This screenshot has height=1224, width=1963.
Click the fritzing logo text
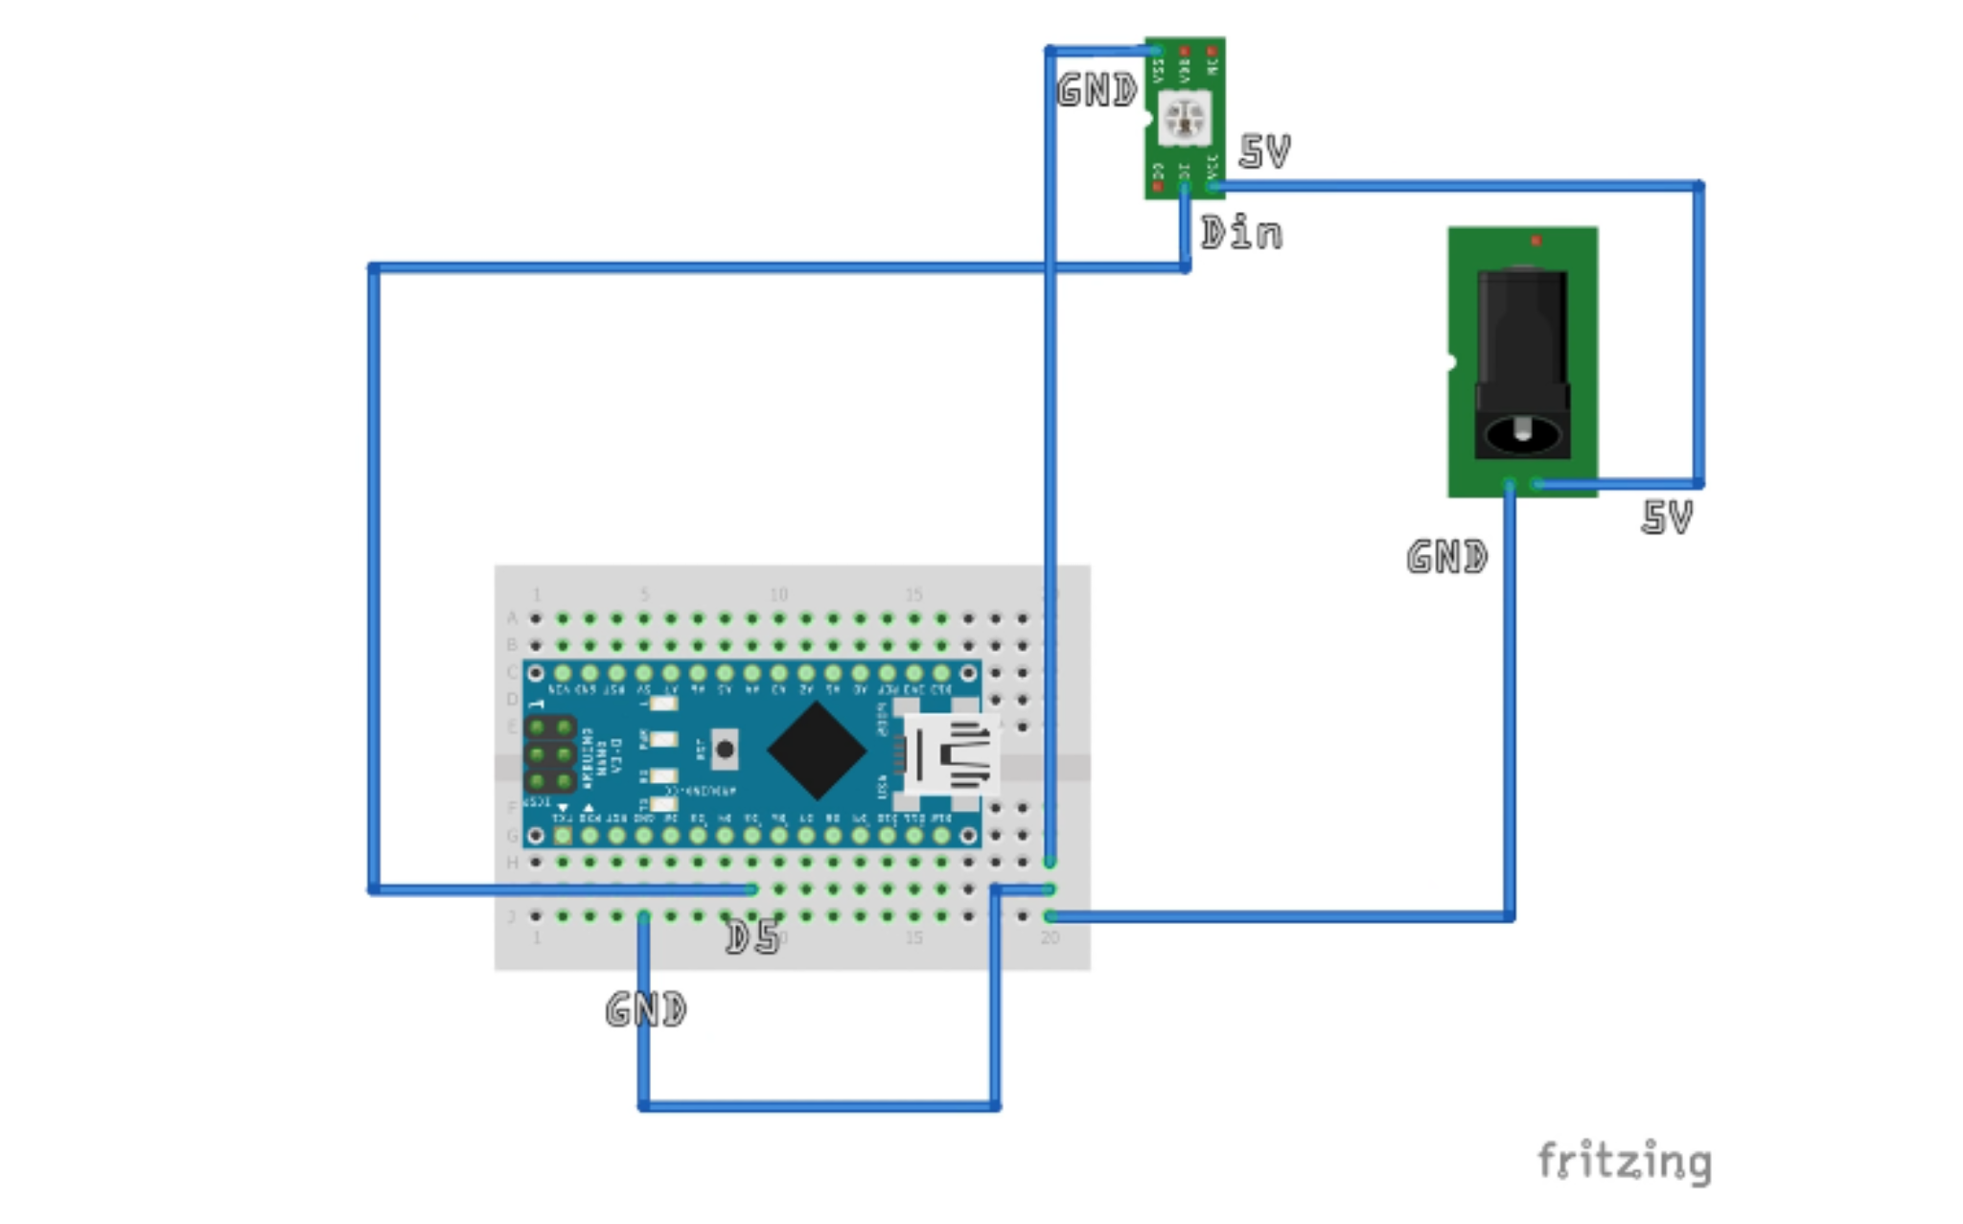1624,1162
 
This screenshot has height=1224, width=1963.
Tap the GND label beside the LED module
1097,90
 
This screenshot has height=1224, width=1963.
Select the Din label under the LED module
1241,233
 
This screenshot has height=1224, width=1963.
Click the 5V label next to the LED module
1265,151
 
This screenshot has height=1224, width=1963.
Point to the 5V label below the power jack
1667,518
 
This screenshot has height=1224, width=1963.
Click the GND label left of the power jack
1447,557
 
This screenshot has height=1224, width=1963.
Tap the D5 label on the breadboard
752,937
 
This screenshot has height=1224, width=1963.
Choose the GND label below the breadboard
646,1009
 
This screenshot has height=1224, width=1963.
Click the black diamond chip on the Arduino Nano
817,751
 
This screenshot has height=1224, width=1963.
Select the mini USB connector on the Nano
952,754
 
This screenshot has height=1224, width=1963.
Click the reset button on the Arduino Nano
725,750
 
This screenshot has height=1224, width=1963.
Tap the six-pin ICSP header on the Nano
551,755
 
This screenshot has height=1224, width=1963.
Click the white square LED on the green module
1184,119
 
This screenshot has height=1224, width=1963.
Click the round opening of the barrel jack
1522,435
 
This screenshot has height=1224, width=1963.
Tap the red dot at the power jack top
1536,241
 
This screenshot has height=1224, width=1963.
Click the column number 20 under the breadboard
1050,937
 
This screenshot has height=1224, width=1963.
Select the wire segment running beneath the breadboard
820,1106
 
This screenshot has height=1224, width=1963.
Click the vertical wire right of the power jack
1698,335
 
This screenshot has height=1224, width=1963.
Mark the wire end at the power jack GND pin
1510,485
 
